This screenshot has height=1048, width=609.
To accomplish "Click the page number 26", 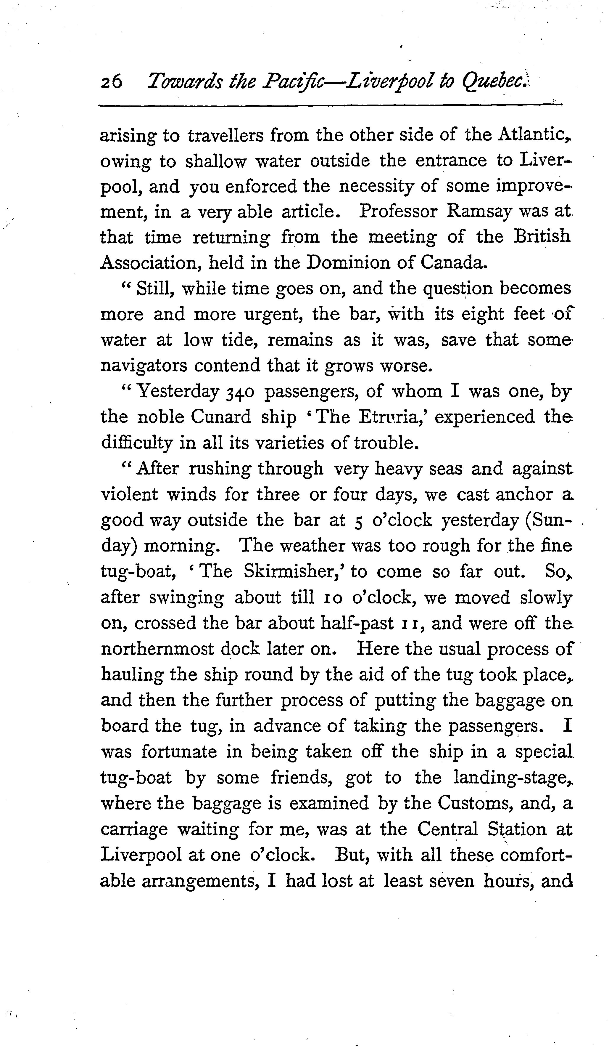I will (111, 81).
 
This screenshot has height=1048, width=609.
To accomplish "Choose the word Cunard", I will (220, 417).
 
